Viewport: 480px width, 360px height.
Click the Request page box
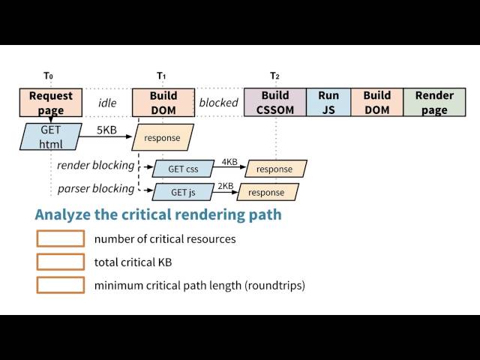pyautogui.click(x=51, y=103)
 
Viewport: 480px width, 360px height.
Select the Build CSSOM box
pyautogui.click(x=275, y=102)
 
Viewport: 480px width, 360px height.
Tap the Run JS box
pyautogui.click(x=328, y=102)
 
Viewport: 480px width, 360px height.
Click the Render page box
pyautogui.click(x=434, y=102)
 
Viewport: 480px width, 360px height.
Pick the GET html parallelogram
pyautogui.click(x=51, y=136)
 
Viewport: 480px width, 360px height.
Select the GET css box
pyautogui.click(x=183, y=169)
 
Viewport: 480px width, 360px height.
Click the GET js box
pyautogui.click(x=183, y=192)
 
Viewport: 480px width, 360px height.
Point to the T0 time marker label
pyautogui.click(x=48, y=76)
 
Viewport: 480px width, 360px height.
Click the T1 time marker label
pyautogui.click(x=161, y=76)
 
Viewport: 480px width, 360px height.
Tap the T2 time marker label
pyautogui.click(x=274, y=76)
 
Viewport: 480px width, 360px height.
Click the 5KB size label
pyautogui.click(x=106, y=130)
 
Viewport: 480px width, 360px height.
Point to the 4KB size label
pyautogui.click(x=229, y=162)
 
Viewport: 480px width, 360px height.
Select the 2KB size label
pyautogui.click(x=226, y=186)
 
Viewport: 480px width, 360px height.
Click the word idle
pyautogui.click(x=107, y=103)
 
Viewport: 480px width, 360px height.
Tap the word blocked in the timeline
pyautogui.click(x=218, y=103)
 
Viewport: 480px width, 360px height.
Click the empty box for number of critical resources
pyautogui.click(x=61, y=238)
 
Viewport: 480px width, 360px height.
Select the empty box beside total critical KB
pyautogui.click(x=61, y=262)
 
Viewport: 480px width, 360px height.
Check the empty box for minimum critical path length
pyautogui.click(x=61, y=285)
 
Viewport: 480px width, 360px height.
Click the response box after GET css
pyautogui.click(x=276, y=169)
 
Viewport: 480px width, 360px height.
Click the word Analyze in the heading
pyautogui.click(x=63, y=215)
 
